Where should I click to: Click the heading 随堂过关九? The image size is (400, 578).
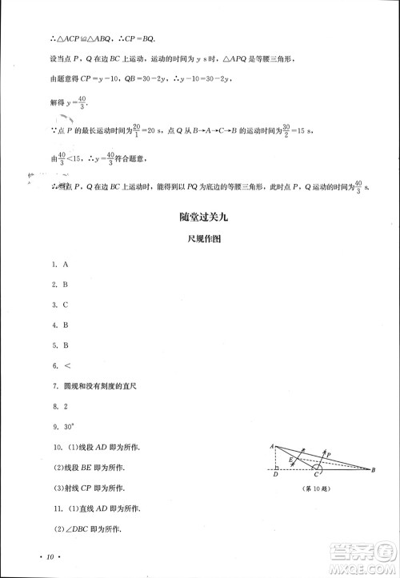(199, 217)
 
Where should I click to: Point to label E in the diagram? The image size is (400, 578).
(291, 460)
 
